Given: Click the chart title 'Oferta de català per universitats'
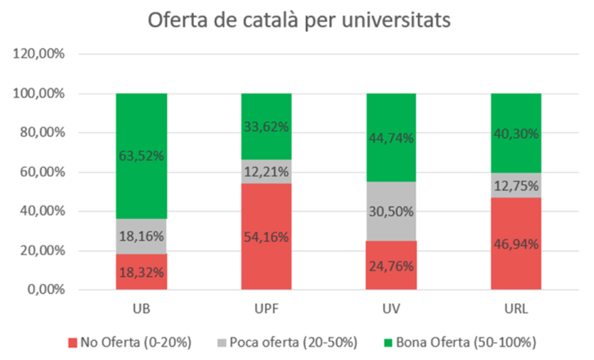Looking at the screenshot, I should [x=299, y=20].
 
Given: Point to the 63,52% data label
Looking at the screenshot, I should [x=141, y=156].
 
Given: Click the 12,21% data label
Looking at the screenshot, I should [x=266, y=172].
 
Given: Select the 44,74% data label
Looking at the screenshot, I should [x=391, y=139].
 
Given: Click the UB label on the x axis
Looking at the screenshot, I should [x=141, y=308].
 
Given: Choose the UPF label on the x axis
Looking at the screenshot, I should [x=266, y=308].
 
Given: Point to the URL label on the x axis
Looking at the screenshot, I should [x=516, y=308].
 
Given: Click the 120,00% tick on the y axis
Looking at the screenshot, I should [x=39, y=54].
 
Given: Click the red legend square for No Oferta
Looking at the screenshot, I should [x=73, y=341].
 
